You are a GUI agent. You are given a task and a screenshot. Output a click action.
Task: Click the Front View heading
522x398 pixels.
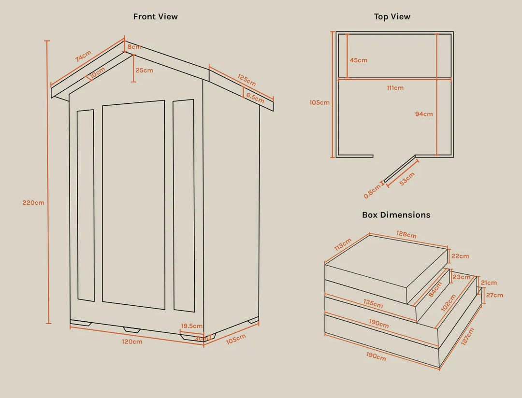(x=156, y=16)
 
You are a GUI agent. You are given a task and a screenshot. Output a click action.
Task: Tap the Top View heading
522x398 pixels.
(x=392, y=16)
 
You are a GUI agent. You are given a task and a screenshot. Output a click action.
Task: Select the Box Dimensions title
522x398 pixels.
(x=396, y=215)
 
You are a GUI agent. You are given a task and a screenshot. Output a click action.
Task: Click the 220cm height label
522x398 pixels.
(x=33, y=203)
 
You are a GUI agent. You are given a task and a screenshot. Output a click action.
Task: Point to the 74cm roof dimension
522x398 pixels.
(x=83, y=56)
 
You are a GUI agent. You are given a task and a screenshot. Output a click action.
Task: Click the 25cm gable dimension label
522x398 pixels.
(x=145, y=70)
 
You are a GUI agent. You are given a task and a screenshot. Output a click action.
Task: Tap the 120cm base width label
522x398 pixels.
(x=132, y=342)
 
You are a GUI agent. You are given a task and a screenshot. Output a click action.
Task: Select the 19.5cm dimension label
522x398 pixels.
(x=192, y=326)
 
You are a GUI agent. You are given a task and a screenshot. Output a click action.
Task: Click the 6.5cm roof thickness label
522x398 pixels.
(x=255, y=98)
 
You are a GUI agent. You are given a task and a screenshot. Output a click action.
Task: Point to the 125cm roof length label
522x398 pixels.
(x=246, y=80)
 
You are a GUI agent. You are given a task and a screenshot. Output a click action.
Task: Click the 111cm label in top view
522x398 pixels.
(x=395, y=88)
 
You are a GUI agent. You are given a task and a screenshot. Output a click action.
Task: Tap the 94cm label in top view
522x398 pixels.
(x=424, y=114)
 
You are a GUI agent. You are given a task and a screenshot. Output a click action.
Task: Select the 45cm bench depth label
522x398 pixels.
(x=359, y=60)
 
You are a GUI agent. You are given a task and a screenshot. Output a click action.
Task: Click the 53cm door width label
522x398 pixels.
(x=407, y=179)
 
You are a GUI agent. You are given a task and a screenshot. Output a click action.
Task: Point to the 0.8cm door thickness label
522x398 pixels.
(x=373, y=191)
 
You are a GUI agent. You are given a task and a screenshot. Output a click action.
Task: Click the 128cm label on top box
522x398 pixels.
(x=406, y=234)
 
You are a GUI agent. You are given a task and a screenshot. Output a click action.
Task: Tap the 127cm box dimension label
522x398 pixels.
(x=467, y=337)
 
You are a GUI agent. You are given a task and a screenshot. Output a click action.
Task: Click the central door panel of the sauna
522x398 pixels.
(x=133, y=205)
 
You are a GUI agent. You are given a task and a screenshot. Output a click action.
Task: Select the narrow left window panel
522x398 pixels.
(x=86, y=205)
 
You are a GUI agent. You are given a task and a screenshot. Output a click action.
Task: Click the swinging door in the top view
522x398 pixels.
(x=400, y=169)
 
